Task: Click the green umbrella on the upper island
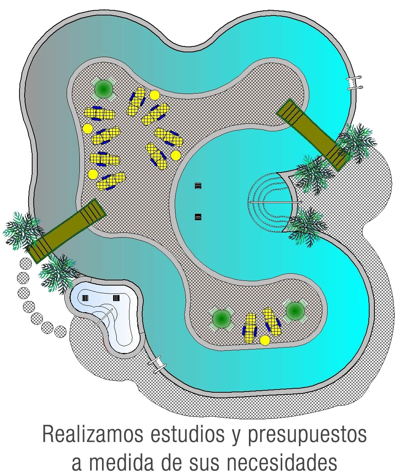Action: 104,89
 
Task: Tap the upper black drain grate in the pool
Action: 198,186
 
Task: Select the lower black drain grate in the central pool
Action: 198,217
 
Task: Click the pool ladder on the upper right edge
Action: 355,82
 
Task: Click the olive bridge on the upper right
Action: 314,134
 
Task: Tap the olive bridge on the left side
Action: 68,231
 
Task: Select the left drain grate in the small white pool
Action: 85,298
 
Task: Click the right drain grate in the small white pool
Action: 116,298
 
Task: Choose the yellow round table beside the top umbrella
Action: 154,95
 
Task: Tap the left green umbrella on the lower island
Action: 221,319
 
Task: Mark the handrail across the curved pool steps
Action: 276,202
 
